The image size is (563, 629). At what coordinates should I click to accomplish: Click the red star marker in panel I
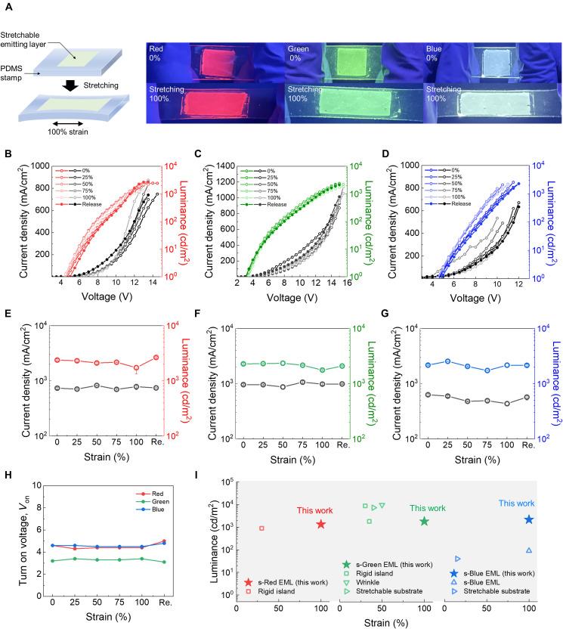pyautogui.click(x=321, y=524)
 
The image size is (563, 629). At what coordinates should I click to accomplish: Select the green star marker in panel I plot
pyautogui.click(x=425, y=522)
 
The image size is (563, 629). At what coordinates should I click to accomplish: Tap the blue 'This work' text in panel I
pyautogui.click(x=516, y=503)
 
